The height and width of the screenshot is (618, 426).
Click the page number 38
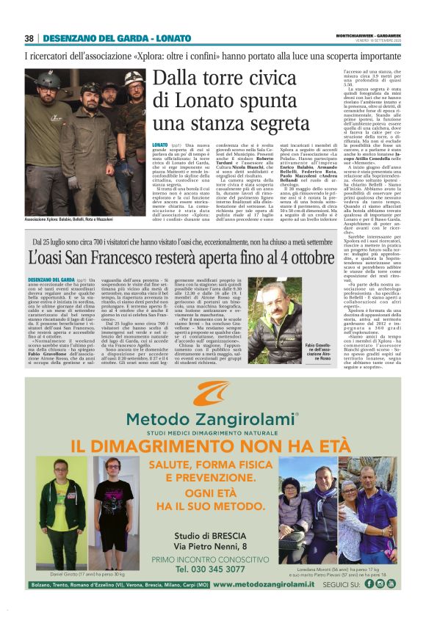(29, 38)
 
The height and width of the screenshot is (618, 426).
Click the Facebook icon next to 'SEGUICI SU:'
(369, 584)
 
